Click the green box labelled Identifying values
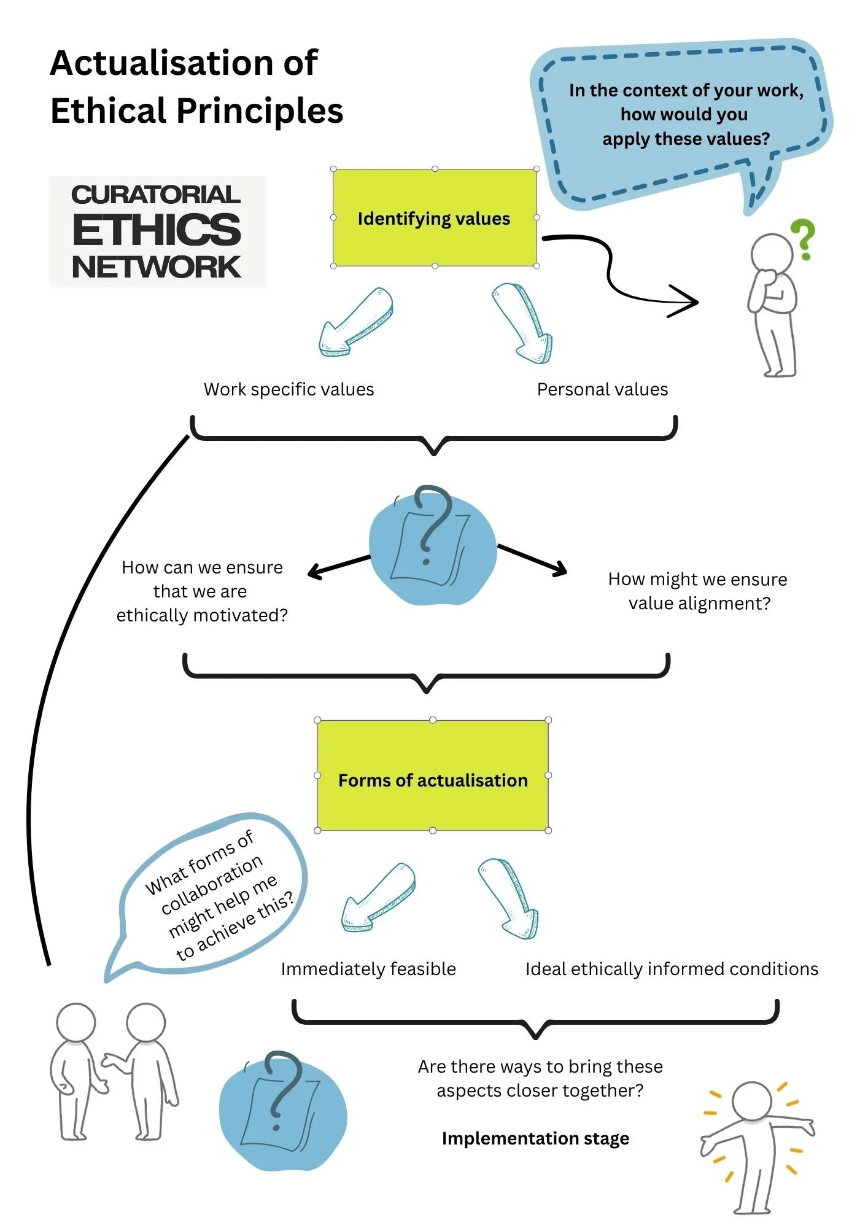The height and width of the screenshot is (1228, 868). coord(435,218)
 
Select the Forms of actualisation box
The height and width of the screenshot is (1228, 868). coord(433,775)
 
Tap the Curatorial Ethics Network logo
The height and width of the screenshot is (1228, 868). coord(157,231)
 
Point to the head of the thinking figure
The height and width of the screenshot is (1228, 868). coord(772,254)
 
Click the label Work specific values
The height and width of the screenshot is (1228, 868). coord(289,389)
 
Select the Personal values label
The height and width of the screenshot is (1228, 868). coord(602,389)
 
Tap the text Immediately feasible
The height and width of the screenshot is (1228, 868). coord(368,969)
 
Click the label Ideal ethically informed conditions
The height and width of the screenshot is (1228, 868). coord(672,969)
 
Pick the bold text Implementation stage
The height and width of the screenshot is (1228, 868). coord(535,1138)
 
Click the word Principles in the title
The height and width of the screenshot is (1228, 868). coord(260,111)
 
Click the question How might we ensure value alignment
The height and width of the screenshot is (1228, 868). coord(698,591)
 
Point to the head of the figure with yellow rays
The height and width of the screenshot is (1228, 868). coord(752,1101)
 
